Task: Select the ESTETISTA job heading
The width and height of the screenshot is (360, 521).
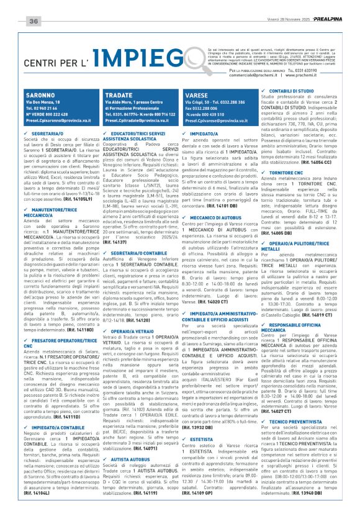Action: pos(204,440)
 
